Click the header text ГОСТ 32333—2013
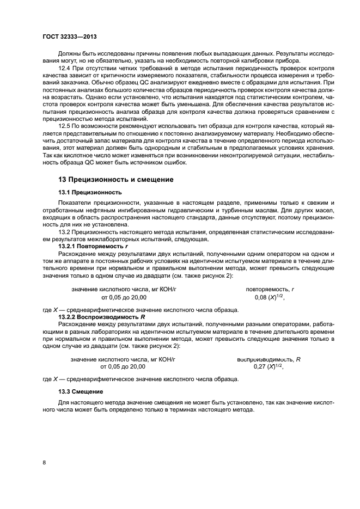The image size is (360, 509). (x=66, y=37)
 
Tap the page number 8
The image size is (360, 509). (x=44, y=462)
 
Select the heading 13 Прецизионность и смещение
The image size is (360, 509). (x=116, y=179)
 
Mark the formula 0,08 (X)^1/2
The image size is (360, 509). (x=270, y=298)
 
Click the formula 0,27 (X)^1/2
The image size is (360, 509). (x=269, y=367)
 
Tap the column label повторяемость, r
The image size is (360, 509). (x=270, y=290)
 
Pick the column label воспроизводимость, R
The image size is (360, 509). (x=269, y=359)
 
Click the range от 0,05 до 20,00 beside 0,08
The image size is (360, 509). (x=123, y=298)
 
